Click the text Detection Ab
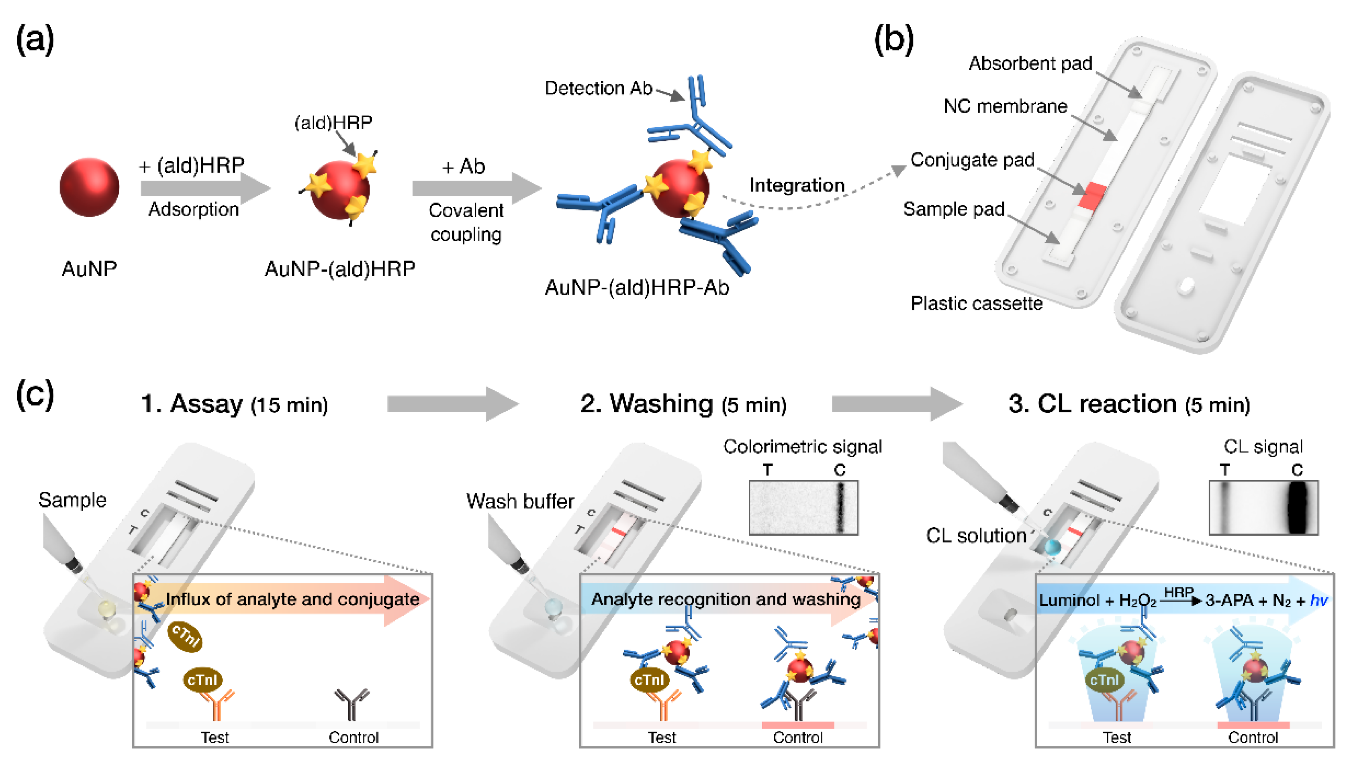tap(599, 88)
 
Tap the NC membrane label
tap(1005, 107)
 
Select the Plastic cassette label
tap(976, 304)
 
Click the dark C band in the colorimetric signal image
tap(840, 508)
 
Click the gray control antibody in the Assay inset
tap(352, 704)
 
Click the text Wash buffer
tap(520, 501)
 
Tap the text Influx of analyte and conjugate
tap(292, 599)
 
